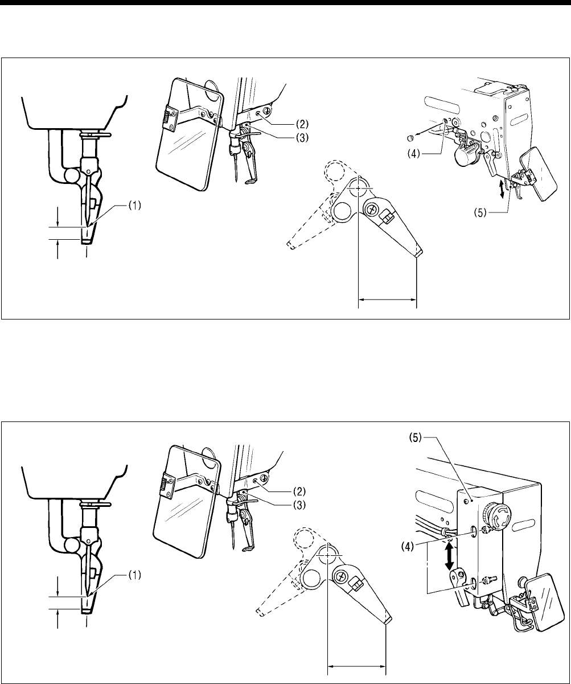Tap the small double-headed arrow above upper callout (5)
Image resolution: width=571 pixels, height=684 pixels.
501,189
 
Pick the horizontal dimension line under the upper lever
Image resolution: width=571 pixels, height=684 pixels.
387,297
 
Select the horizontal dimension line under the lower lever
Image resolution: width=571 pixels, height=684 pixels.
356,663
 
